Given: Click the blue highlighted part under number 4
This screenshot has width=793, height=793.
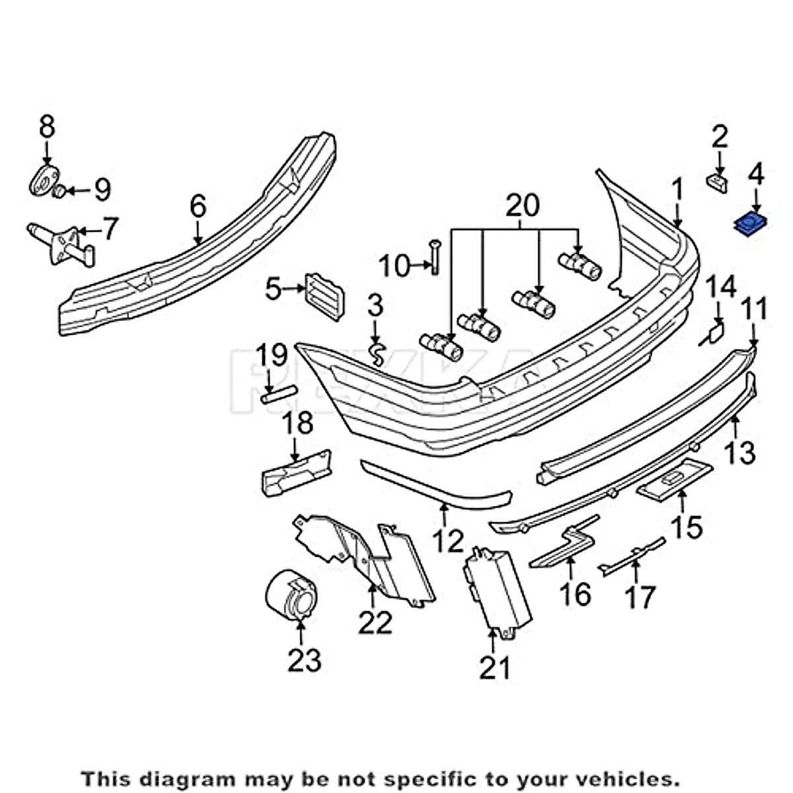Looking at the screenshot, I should (x=751, y=225).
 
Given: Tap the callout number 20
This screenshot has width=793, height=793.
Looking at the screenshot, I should (x=522, y=206).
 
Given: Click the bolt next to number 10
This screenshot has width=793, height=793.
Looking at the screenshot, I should (x=434, y=258).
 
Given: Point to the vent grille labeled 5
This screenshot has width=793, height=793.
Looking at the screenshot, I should (x=324, y=295).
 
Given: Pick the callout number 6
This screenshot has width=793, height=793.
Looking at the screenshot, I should (x=198, y=206).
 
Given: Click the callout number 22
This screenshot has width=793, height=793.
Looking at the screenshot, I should (x=375, y=623).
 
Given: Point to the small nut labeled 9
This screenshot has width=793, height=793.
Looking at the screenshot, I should (x=59, y=192).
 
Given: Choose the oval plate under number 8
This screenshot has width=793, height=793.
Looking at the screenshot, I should (x=44, y=180).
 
